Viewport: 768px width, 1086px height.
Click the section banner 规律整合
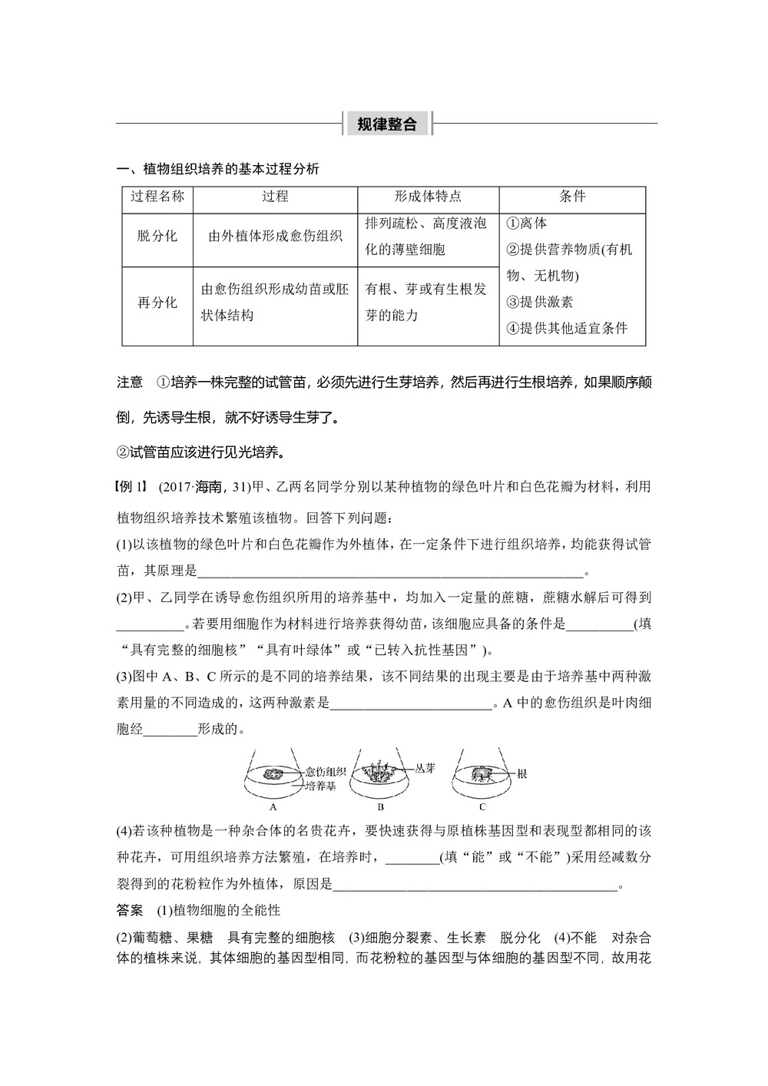click(387, 124)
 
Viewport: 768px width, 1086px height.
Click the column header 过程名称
click(157, 197)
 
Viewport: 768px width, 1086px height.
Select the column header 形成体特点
click(428, 197)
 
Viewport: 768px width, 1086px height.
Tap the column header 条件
click(572, 197)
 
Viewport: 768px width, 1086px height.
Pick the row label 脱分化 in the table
click(157, 237)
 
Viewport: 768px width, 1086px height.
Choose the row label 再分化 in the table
click(157, 303)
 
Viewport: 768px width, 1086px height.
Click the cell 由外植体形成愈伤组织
click(275, 237)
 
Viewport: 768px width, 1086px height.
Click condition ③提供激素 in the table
click(539, 302)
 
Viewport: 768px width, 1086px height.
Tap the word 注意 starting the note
click(130, 382)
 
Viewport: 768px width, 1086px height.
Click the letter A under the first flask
click(273, 807)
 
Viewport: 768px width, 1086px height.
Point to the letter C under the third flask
click(482, 807)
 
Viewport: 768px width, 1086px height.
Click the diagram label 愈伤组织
click(325, 771)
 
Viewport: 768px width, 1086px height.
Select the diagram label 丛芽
click(425, 767)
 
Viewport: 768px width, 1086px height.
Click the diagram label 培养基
click(321, 786)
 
